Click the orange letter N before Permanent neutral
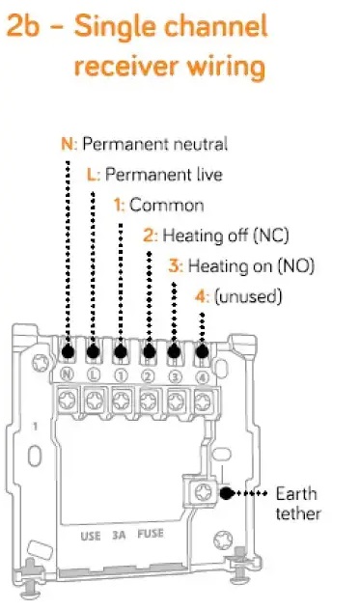coord(67,144)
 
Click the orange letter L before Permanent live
coord(91,175)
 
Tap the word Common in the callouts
coord(167,205)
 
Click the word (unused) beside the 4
coord(248,296)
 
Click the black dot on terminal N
coord(68,351)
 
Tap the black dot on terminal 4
coord(202,351)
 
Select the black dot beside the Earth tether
coord(226,493)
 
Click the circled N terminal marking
coord(67,374)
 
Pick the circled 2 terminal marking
coord(148,375)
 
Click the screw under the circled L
coord(95,400)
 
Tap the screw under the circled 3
coord(176,401)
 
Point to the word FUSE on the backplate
coord(151,534)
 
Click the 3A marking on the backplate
coord(119,536)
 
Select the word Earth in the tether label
coord(296,494)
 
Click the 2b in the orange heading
coord(23,27)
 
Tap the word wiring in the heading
coord(226,67)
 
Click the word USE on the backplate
coord(91,536)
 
